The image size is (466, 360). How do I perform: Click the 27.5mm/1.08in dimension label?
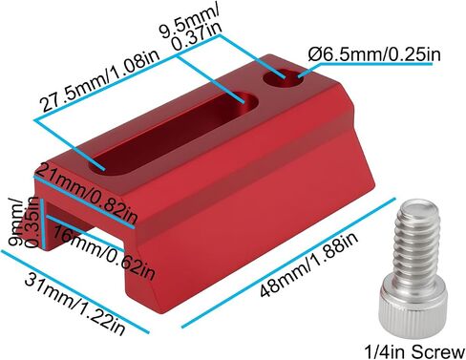point(99,84)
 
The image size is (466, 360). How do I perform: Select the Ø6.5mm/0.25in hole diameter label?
point(374,54)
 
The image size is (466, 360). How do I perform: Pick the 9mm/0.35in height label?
point(25,222)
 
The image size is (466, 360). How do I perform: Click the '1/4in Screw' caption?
point(414,351)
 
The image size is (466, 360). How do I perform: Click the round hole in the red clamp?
point(284,80)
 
